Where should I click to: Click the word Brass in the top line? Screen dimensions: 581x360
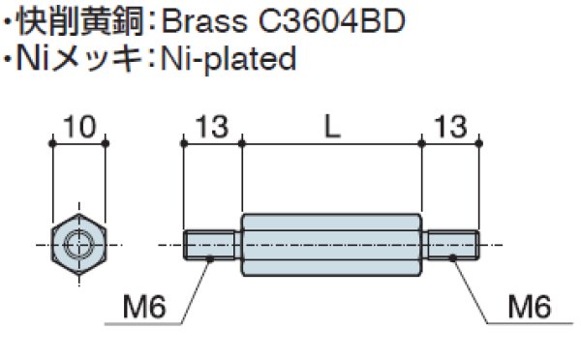tap(205, 21)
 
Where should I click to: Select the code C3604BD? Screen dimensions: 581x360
tap(331, 21)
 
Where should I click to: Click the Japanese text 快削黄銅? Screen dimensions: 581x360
tap(80, 21)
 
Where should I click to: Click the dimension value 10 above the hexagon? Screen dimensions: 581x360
tap(79, 127)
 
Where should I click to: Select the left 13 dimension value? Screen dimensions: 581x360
tap(212, 127)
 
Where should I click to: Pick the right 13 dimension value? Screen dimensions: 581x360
tap(450, 127)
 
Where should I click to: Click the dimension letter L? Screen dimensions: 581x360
tap(332, 127)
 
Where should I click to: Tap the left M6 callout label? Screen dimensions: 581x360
tap(144, 307)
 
